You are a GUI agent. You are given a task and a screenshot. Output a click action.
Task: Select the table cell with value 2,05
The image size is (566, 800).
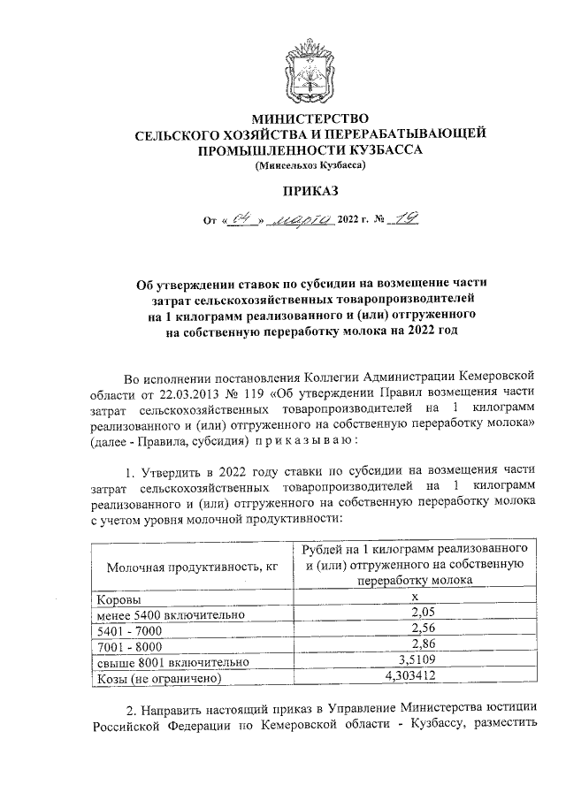415,613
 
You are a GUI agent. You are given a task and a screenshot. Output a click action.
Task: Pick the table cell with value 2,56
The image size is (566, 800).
415,629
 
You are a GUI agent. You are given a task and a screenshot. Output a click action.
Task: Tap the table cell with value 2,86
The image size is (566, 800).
415,645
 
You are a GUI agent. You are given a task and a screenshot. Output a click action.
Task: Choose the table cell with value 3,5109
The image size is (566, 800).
415,661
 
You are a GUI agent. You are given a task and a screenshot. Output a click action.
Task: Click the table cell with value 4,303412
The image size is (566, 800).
415,677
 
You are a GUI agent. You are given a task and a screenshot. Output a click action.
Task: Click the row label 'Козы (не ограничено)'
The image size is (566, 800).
157,678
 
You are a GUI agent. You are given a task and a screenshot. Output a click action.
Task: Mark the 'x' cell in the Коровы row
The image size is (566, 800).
415,598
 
